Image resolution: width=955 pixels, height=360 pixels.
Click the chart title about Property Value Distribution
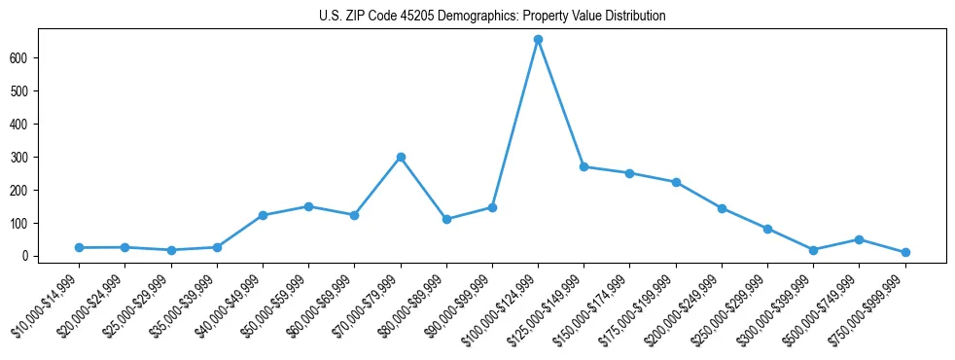click(x=492, y=17)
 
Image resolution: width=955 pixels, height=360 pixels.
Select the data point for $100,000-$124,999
click(x=538, y=40)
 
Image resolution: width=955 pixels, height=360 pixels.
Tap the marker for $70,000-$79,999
click(x=401, y=157)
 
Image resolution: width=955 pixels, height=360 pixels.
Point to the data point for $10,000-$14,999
click(x=79, y=248)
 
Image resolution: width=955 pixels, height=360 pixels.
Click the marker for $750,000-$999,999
click(x=905, y=252)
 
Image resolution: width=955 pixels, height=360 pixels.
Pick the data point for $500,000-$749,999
click(x=859, y=239)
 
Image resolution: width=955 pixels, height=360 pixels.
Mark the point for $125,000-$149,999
click(x=584, y=166)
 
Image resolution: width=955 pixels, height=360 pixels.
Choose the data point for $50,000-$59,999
click(x=308, y=206)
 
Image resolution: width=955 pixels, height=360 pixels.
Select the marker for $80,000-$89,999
click(x=446, y=219)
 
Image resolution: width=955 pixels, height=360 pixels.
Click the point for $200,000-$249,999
click(x=722, y=208)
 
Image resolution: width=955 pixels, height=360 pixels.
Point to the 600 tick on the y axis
click(x=46, y=58)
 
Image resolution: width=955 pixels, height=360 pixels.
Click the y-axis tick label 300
click(x=46, y=158)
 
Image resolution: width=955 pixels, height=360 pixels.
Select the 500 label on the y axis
click(x=46, y=91)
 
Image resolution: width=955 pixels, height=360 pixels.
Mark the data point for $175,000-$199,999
click(x=676, y=182)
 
